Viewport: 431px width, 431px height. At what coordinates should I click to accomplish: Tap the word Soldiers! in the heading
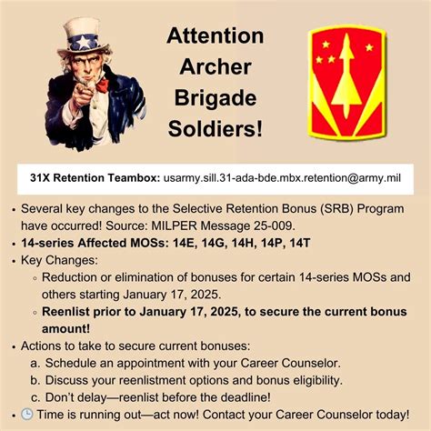[x=215, y=128]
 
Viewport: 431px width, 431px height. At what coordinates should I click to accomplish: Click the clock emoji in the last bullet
[x=28, y=415]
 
